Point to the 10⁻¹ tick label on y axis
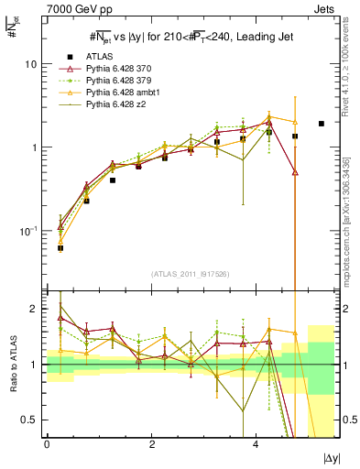[x=28, y=231]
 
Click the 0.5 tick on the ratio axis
[x=31, y=420]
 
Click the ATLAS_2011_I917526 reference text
[x=190, y=273]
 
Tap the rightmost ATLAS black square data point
[x=321, y=124]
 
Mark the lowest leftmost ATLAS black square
[x=60, y=247]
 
